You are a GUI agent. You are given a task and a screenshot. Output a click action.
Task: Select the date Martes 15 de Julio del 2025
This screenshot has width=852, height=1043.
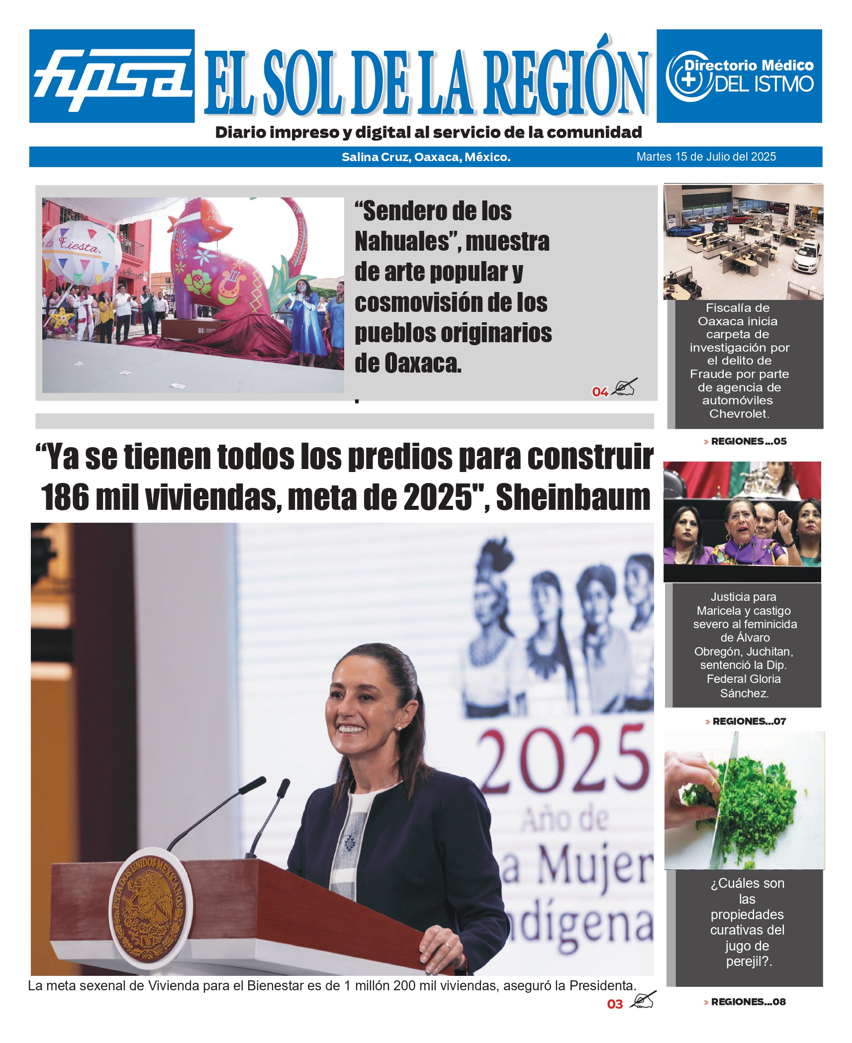pyautogui.click(x=706, y=157)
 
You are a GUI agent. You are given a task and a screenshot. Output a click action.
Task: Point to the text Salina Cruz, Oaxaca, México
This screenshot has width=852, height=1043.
pyautogui.click(x=426, y=157)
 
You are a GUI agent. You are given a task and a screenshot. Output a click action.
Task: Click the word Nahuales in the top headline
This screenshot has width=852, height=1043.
pyautogui.click(x=402, y=242)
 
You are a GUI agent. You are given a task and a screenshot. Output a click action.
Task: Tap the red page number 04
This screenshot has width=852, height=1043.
pyautogui.click(x=600, y=392)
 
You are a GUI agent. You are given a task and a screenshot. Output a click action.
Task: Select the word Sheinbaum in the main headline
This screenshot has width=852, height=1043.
pyautogui.click(x=573, y=497)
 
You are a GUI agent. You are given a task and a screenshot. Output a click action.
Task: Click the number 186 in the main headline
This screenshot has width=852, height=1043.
pyautogui.click(x=65, y=497)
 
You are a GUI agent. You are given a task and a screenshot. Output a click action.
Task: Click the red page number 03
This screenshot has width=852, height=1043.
pyautogui.click(x=615, y=1004)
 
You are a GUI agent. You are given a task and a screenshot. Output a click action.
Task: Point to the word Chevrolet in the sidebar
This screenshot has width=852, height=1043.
pyautogui.click(x=739, y=414)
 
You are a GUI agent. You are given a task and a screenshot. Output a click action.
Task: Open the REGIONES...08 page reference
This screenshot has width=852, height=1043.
pyautogui.click(x=748, y=1002)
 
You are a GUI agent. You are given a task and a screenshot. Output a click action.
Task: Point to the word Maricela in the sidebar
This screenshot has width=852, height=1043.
pyautogui.click(x=719, y=611)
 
